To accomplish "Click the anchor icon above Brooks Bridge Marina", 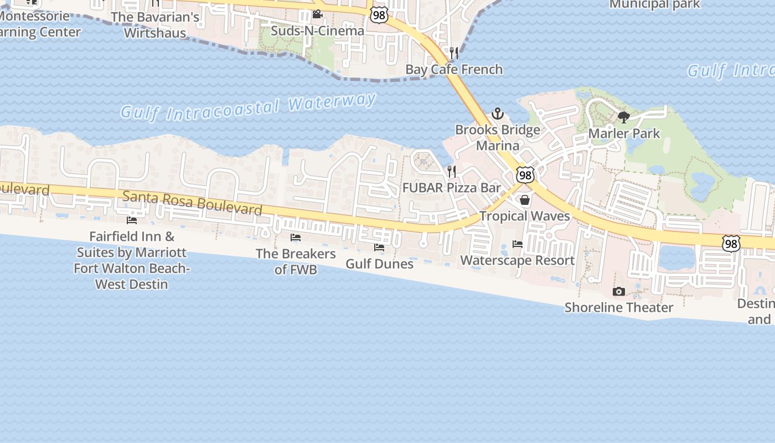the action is [498, 114].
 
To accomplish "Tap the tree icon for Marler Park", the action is [624, 117].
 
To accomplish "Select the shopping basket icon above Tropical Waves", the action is [525, 200].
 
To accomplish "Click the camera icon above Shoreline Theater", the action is [619, 291].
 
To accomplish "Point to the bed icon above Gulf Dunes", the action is [379, 248].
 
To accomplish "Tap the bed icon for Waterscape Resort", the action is [518, 244].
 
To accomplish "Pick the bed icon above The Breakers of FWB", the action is [296, 238].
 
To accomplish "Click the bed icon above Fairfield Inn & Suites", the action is [132, 220].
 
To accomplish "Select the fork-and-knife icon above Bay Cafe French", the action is [454, 53].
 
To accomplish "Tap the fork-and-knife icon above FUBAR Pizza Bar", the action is [452, 172].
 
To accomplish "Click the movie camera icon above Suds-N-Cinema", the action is [317, 14].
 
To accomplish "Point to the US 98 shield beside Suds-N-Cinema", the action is [379, 14].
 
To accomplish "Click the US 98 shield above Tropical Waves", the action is [525, 176].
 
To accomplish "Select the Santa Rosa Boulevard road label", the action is [192, 203].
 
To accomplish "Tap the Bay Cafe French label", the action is [454, 69].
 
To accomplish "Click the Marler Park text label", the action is [624, 133].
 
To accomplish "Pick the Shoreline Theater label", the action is [619, 307].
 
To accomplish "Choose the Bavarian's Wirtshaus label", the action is [155, 25].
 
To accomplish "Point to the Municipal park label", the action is [654, 4].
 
